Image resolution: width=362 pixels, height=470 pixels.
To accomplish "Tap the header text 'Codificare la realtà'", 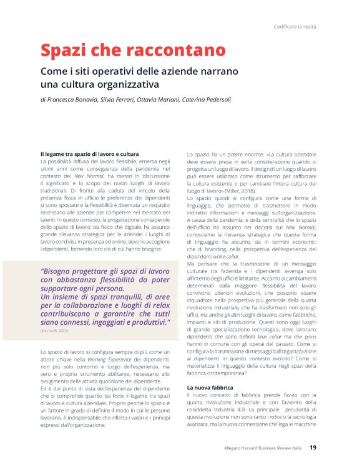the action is coord(295,27).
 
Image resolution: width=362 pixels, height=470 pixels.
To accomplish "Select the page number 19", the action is coord(313,447).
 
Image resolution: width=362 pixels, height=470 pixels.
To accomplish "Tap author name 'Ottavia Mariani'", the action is coord(162,100).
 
